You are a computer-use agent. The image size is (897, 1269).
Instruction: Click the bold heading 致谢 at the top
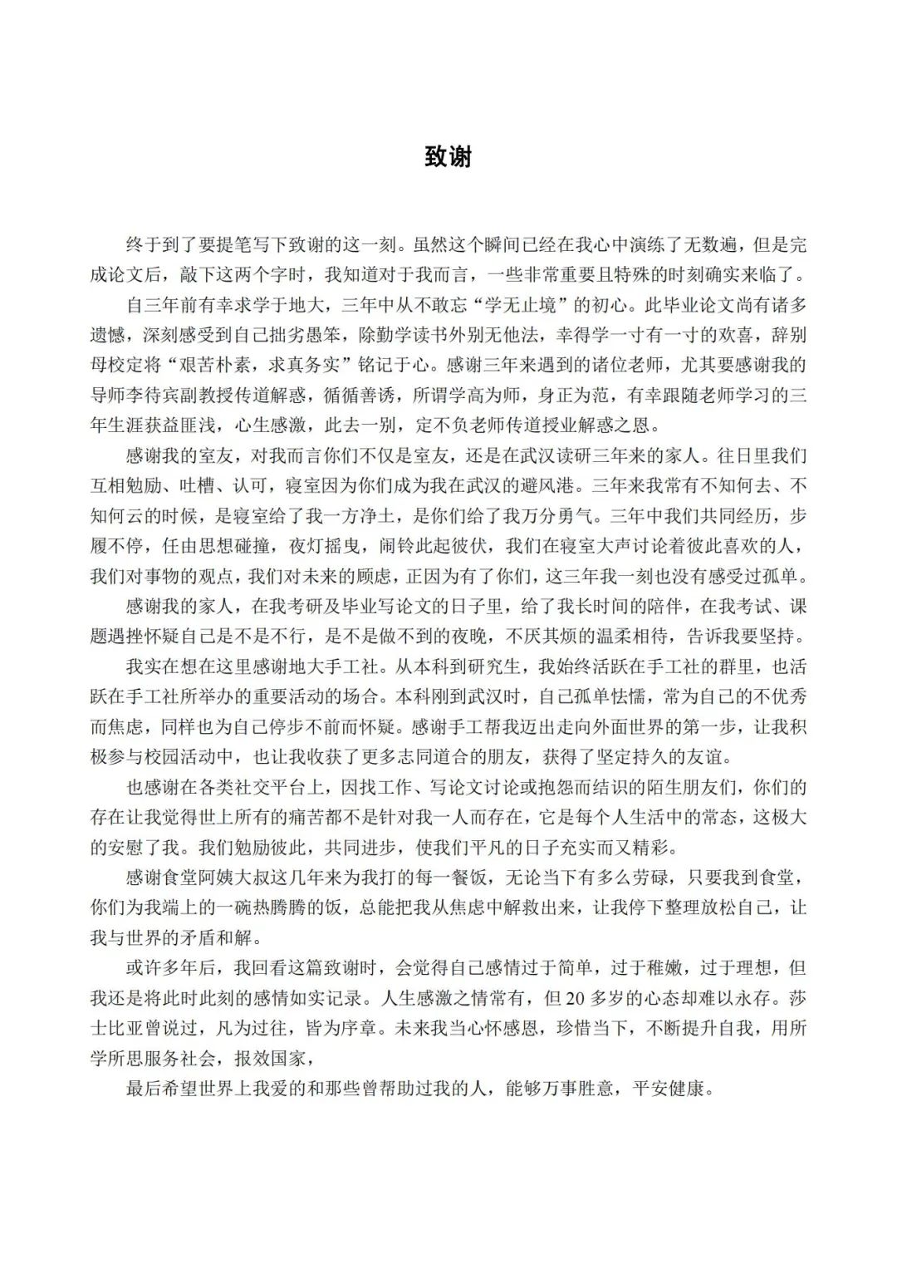coord(448,156)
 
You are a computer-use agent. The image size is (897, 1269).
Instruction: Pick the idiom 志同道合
coord(486,757)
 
